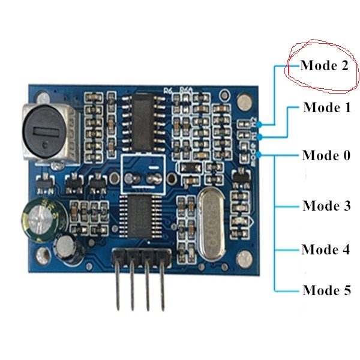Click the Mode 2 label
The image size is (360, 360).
click(325, 66)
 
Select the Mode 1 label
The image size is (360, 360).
click(326, 108)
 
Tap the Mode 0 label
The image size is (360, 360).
click(326, 155)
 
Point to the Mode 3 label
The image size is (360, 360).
click(326, 206)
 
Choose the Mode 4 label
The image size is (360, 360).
click(326, 249)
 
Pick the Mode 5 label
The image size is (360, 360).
click(326, 291)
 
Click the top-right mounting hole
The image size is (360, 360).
click(243, 102)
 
